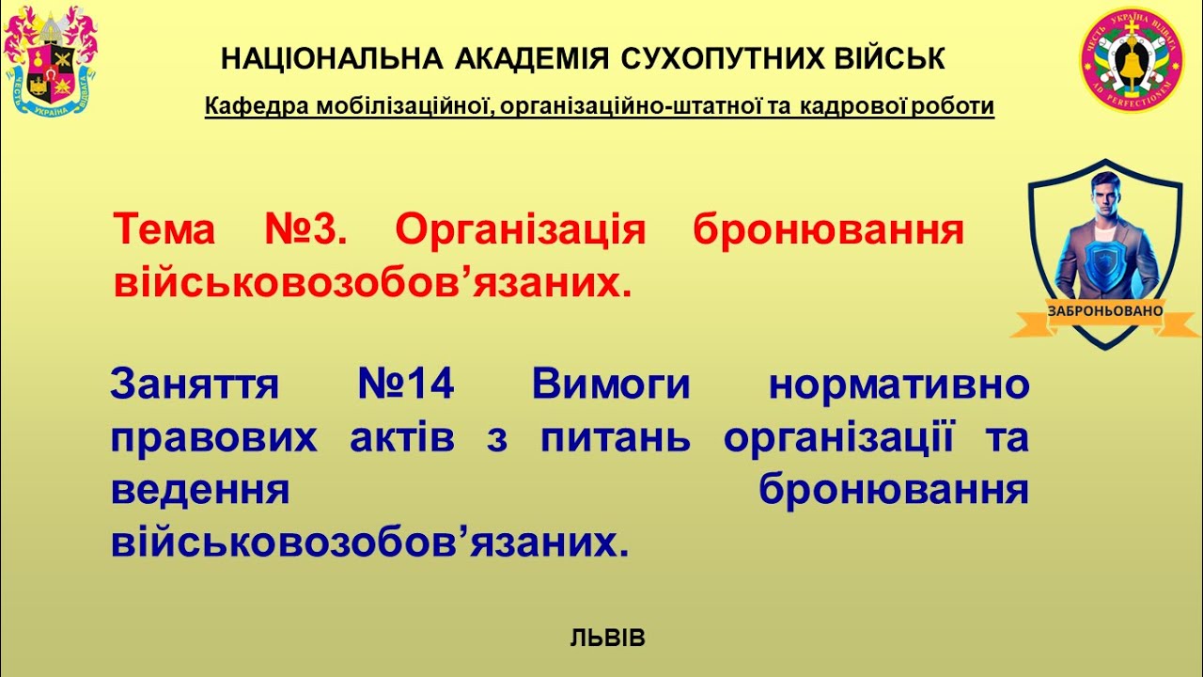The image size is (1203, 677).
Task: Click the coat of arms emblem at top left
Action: (x=52, y=60)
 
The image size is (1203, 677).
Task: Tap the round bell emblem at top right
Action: (x=1131, y=60)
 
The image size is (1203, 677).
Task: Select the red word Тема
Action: (x=164, y=228)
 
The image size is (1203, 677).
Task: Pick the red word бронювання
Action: (x=828, y=228)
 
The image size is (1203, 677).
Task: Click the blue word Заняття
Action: (x=195, y=385)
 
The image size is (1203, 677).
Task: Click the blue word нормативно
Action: (x=898, y=385)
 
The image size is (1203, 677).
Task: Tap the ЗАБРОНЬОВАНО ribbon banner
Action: (x=1105, y=310)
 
